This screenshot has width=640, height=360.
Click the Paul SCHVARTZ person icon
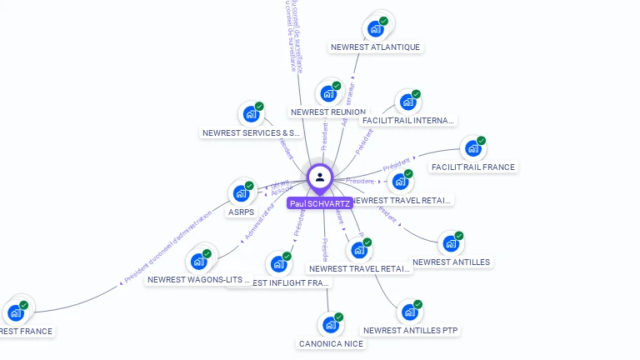click(320, 177)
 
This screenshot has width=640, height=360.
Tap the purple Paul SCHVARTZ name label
click(319, 203)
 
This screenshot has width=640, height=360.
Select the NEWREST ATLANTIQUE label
click(375, 47)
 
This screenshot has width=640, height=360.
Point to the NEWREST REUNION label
click(327, 112)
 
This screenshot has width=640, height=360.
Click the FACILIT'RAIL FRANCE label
click(473, 167)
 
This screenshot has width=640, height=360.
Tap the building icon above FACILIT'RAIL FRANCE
click(473, 148)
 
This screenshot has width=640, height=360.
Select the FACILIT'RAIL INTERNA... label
click(408, 120)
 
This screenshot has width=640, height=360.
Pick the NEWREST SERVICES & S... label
click(252, 132)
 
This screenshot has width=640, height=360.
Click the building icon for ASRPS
click(242, 193)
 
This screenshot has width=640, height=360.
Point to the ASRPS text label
click(241, 212)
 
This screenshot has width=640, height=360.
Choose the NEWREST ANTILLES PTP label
click(412, 330)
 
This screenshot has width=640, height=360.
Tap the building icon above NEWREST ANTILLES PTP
click(409, 312)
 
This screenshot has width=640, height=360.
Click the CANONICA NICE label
click(331, 343)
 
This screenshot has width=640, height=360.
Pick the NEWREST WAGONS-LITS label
click(198, 280)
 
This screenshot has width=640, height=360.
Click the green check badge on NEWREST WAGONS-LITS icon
click(207, 253)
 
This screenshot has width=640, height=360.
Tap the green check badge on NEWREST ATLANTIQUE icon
click(383, 21)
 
